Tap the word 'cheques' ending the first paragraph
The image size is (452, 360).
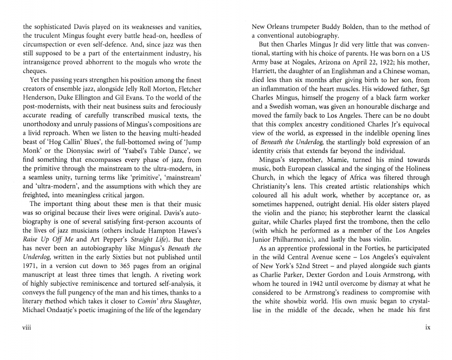(34, 71)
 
